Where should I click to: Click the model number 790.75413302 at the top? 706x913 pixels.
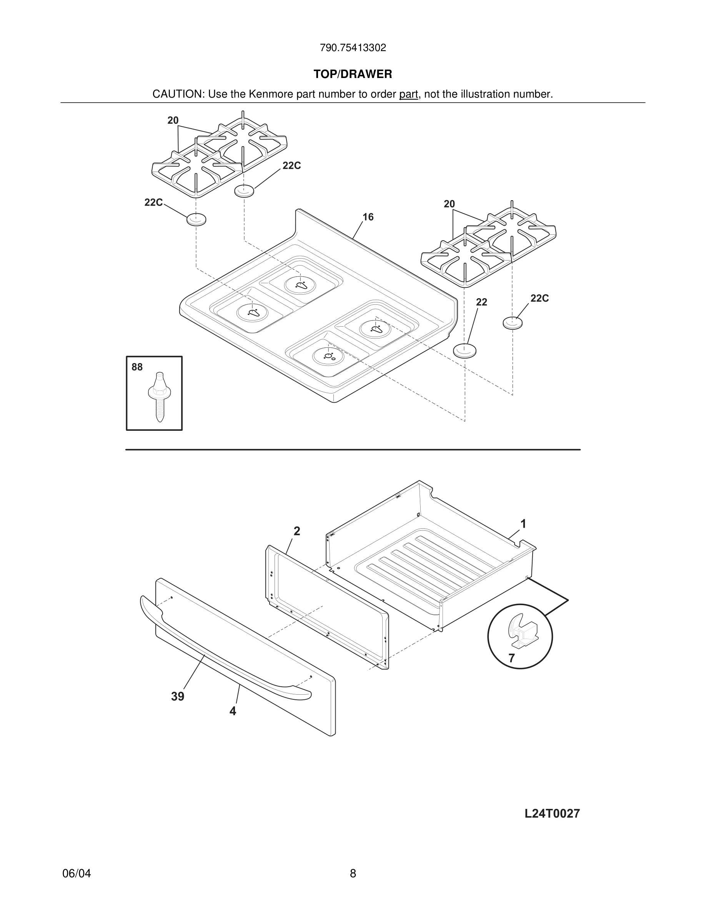353,48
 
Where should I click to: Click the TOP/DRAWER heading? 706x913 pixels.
353,75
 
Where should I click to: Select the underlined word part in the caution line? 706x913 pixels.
408,95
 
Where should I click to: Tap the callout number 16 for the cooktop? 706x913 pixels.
368,217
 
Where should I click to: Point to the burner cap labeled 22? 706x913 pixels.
464,350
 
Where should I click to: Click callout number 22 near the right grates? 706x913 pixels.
481,302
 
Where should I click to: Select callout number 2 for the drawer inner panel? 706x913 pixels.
296,531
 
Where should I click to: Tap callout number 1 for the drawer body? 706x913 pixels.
523,524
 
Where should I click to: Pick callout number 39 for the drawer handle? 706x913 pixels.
177,696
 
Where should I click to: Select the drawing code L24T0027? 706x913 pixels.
552,813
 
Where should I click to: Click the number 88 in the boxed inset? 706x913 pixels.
137,367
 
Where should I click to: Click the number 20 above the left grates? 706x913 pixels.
173,120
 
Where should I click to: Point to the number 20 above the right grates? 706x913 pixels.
449,204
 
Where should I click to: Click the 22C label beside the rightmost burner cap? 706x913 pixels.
539,299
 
